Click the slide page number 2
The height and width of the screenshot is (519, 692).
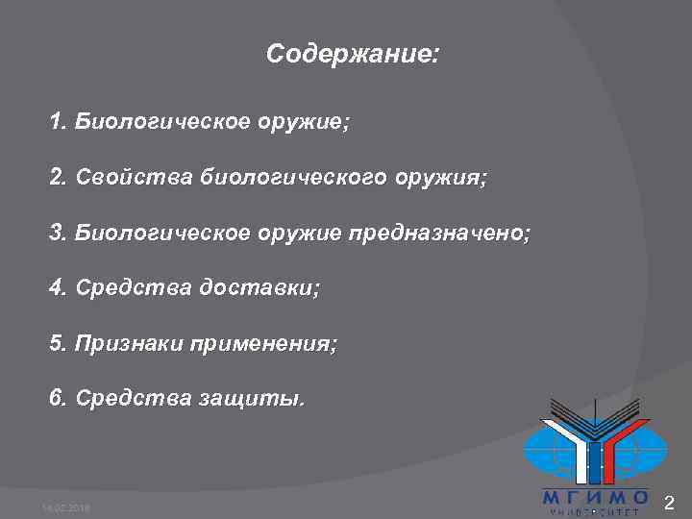(x=671, y=502)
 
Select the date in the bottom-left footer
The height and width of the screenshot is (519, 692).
(x=62, y=507)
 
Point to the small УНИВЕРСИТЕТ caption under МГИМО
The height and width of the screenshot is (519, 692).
(x=595, y=512)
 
